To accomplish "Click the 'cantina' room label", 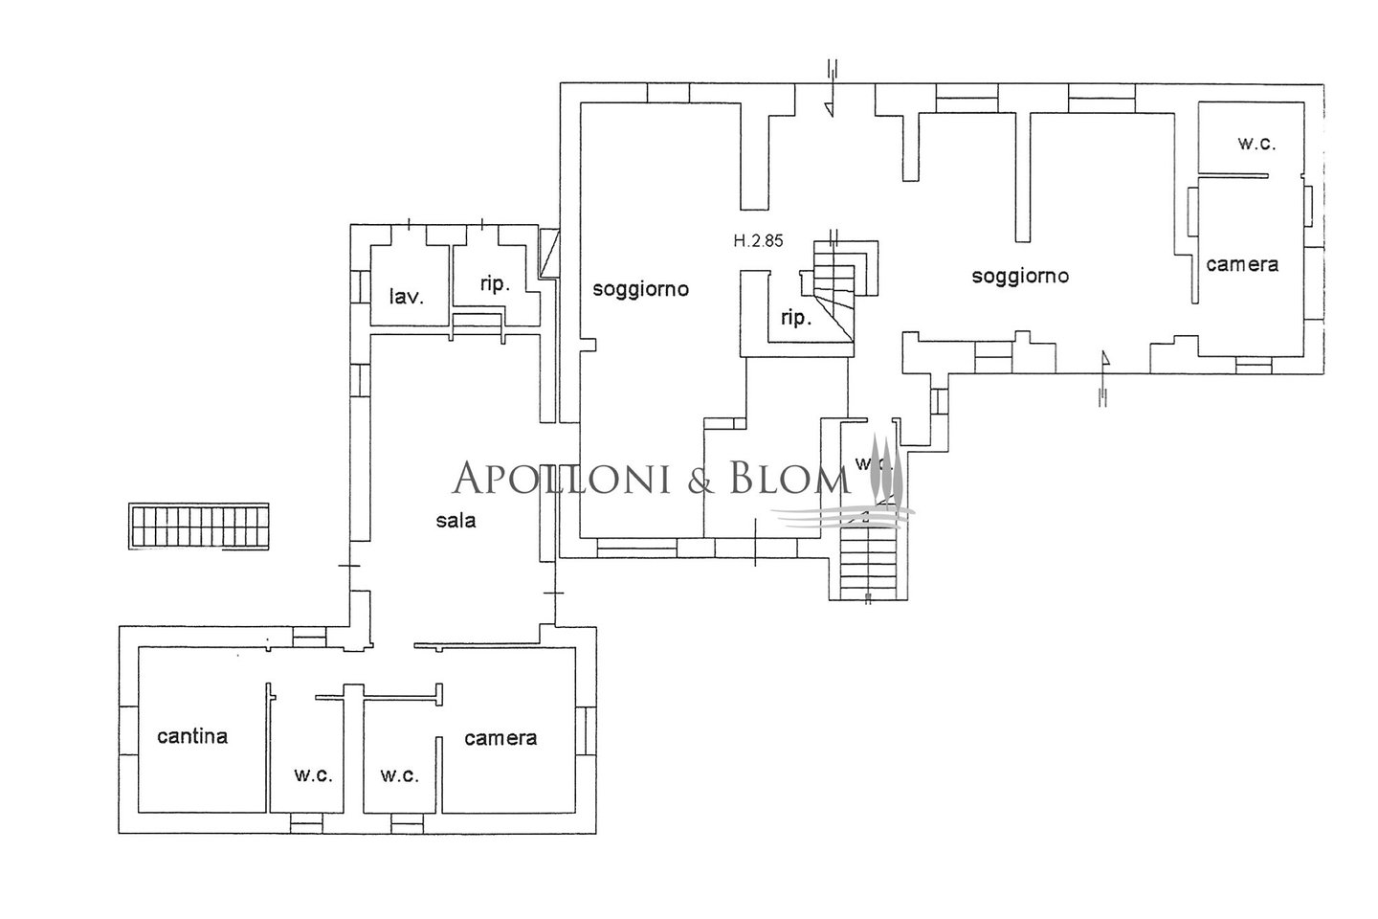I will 192,736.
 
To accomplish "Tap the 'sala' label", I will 456,521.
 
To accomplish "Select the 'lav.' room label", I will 407,297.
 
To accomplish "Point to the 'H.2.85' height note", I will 758,241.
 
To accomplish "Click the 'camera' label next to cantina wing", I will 500,737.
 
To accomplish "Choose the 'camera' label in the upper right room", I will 1242,264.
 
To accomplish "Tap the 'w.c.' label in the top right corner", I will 1256,144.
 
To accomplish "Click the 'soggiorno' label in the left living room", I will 640,288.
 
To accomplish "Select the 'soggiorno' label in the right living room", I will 1020,276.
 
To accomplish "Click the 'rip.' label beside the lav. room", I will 495,283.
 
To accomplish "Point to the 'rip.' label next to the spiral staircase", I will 796,318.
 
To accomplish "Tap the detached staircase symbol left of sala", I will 199,527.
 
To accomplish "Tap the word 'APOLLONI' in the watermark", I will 560,478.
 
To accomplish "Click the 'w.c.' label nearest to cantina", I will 313,774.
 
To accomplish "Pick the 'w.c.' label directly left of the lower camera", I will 399,774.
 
